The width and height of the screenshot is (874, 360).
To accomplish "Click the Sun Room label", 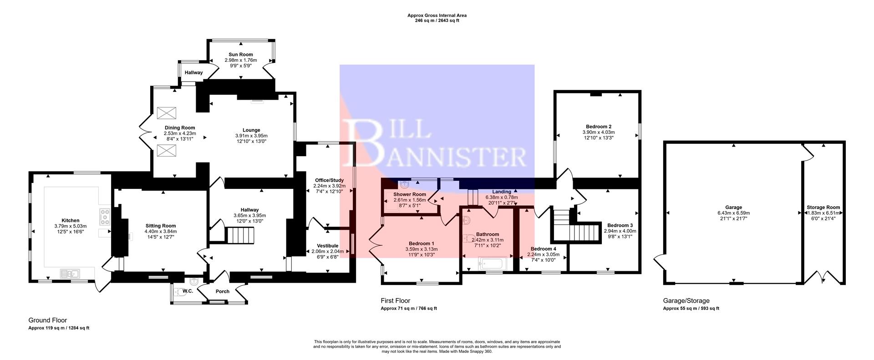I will click(x=240, y=55).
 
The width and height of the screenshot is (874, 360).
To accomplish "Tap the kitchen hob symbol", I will click(x=105, y=217).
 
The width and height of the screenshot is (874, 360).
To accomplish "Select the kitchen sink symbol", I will click(x=70, y=273).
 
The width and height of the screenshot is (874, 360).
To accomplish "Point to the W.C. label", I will click(x=188, y=291).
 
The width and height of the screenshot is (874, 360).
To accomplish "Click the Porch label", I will click(x=222, y=292).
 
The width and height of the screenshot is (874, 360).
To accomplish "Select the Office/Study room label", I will click(x=329, y=180).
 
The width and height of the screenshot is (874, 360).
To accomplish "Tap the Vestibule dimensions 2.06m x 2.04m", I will click(x=328, y=251).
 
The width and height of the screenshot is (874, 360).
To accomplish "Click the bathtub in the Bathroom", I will click(x=492, y=264).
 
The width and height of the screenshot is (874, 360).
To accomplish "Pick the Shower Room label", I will click(x=409, y=194).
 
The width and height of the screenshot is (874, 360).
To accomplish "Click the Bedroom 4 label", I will click(x=543, y=249).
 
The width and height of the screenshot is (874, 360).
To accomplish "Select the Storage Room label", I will click(x=823, y=208).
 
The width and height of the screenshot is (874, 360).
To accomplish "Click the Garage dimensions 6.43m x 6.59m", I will click(x=733, y=213).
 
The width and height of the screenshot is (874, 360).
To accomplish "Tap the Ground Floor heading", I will click(x=47, y=320).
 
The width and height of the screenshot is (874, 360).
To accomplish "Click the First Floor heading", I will click(x=395, y=301).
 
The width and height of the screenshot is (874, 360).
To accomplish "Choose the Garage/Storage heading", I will click(x=686, y=301).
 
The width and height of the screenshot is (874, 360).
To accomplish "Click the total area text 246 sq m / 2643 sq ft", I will click(x=437, y=20).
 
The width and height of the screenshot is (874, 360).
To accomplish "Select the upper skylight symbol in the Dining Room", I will click(x=163, y=112).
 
